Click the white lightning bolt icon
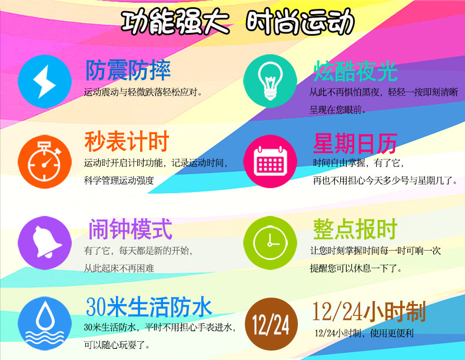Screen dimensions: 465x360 coord(45,82)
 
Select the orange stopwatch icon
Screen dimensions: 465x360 coord(45,162)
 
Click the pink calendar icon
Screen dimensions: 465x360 coord(270,161)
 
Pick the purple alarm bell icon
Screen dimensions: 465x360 coord(45,243)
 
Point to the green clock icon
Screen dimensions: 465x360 coord(270,243)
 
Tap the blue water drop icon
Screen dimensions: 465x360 coord(45,324)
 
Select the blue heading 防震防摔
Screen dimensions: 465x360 coord(128,70)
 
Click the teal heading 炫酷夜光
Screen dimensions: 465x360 coord(356,71)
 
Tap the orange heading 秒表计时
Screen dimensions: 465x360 coord(127,141)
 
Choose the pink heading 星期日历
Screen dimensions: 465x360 coord(355,144)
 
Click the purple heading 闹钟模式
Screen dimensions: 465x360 coord(130,229)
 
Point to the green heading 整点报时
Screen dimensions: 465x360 coord(355,229)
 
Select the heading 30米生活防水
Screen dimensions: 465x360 coord(149,307)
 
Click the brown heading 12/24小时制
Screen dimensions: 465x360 coord(369,311)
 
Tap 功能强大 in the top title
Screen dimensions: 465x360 coord(175,22)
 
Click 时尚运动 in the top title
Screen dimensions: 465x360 coord(300,21)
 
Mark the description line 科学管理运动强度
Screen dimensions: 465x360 coord(119,180)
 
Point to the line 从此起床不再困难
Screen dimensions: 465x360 coord(119,268)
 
